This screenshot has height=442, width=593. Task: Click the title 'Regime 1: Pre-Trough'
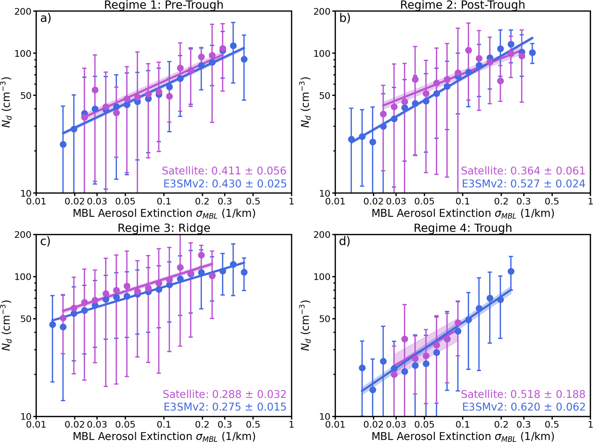pos(164,5)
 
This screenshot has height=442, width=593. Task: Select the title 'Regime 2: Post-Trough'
pos(462,5)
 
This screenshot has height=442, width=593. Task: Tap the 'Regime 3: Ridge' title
pos(164,228)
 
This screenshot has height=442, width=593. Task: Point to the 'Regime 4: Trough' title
pos(463,228)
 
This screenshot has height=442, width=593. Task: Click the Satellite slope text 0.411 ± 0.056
pos(224,171)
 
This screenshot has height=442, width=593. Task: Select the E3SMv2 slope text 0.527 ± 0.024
pos(523,183)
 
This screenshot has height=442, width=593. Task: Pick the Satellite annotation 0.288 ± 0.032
pos(225,394)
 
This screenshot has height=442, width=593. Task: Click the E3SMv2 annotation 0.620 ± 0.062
pos(524,407)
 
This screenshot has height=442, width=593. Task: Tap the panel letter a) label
pos(46,18)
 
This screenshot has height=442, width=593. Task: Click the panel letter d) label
pos(345,242)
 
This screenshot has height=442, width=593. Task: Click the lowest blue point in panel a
pos(63,144)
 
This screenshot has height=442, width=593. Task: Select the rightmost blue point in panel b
pos(532,53)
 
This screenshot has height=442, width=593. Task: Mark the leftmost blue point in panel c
pos(53,324)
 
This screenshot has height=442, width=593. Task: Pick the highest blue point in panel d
pos(511,271)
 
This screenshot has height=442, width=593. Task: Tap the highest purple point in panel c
pos(201,255)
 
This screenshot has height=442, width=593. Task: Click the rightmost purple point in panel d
pos(458,323)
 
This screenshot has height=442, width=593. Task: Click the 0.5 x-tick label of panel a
pos(253,202)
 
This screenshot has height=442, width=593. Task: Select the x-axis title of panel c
pos(164,437)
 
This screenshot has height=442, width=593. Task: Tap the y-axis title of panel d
pos(305,325)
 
